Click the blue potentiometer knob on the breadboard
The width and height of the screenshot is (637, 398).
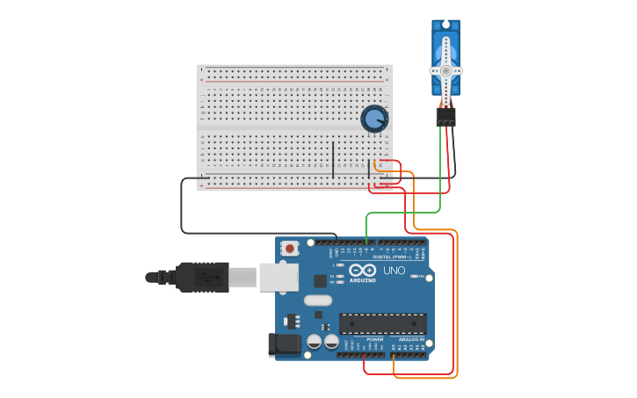[374, 119]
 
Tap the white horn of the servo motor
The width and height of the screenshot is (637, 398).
[445, 69]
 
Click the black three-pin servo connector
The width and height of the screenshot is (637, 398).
[445, 117]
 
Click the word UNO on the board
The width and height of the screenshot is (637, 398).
[395, 271]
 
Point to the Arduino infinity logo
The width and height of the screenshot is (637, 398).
[362, 270]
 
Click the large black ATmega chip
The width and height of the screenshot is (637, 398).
[382, 323]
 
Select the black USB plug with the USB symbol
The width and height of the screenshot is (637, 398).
[202, 277]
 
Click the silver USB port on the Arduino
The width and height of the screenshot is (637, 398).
[279, 277]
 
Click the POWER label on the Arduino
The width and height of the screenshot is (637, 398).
[374, 339]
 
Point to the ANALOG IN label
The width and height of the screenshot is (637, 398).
[411, 339]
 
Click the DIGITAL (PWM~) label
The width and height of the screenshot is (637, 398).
[395, 257]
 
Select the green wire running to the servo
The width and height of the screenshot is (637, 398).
[440, 176]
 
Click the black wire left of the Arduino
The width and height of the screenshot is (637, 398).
[182, 211]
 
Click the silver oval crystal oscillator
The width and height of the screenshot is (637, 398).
[318, 300]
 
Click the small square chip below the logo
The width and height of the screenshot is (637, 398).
[320, 281]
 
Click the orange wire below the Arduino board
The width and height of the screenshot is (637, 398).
[426, 378]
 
